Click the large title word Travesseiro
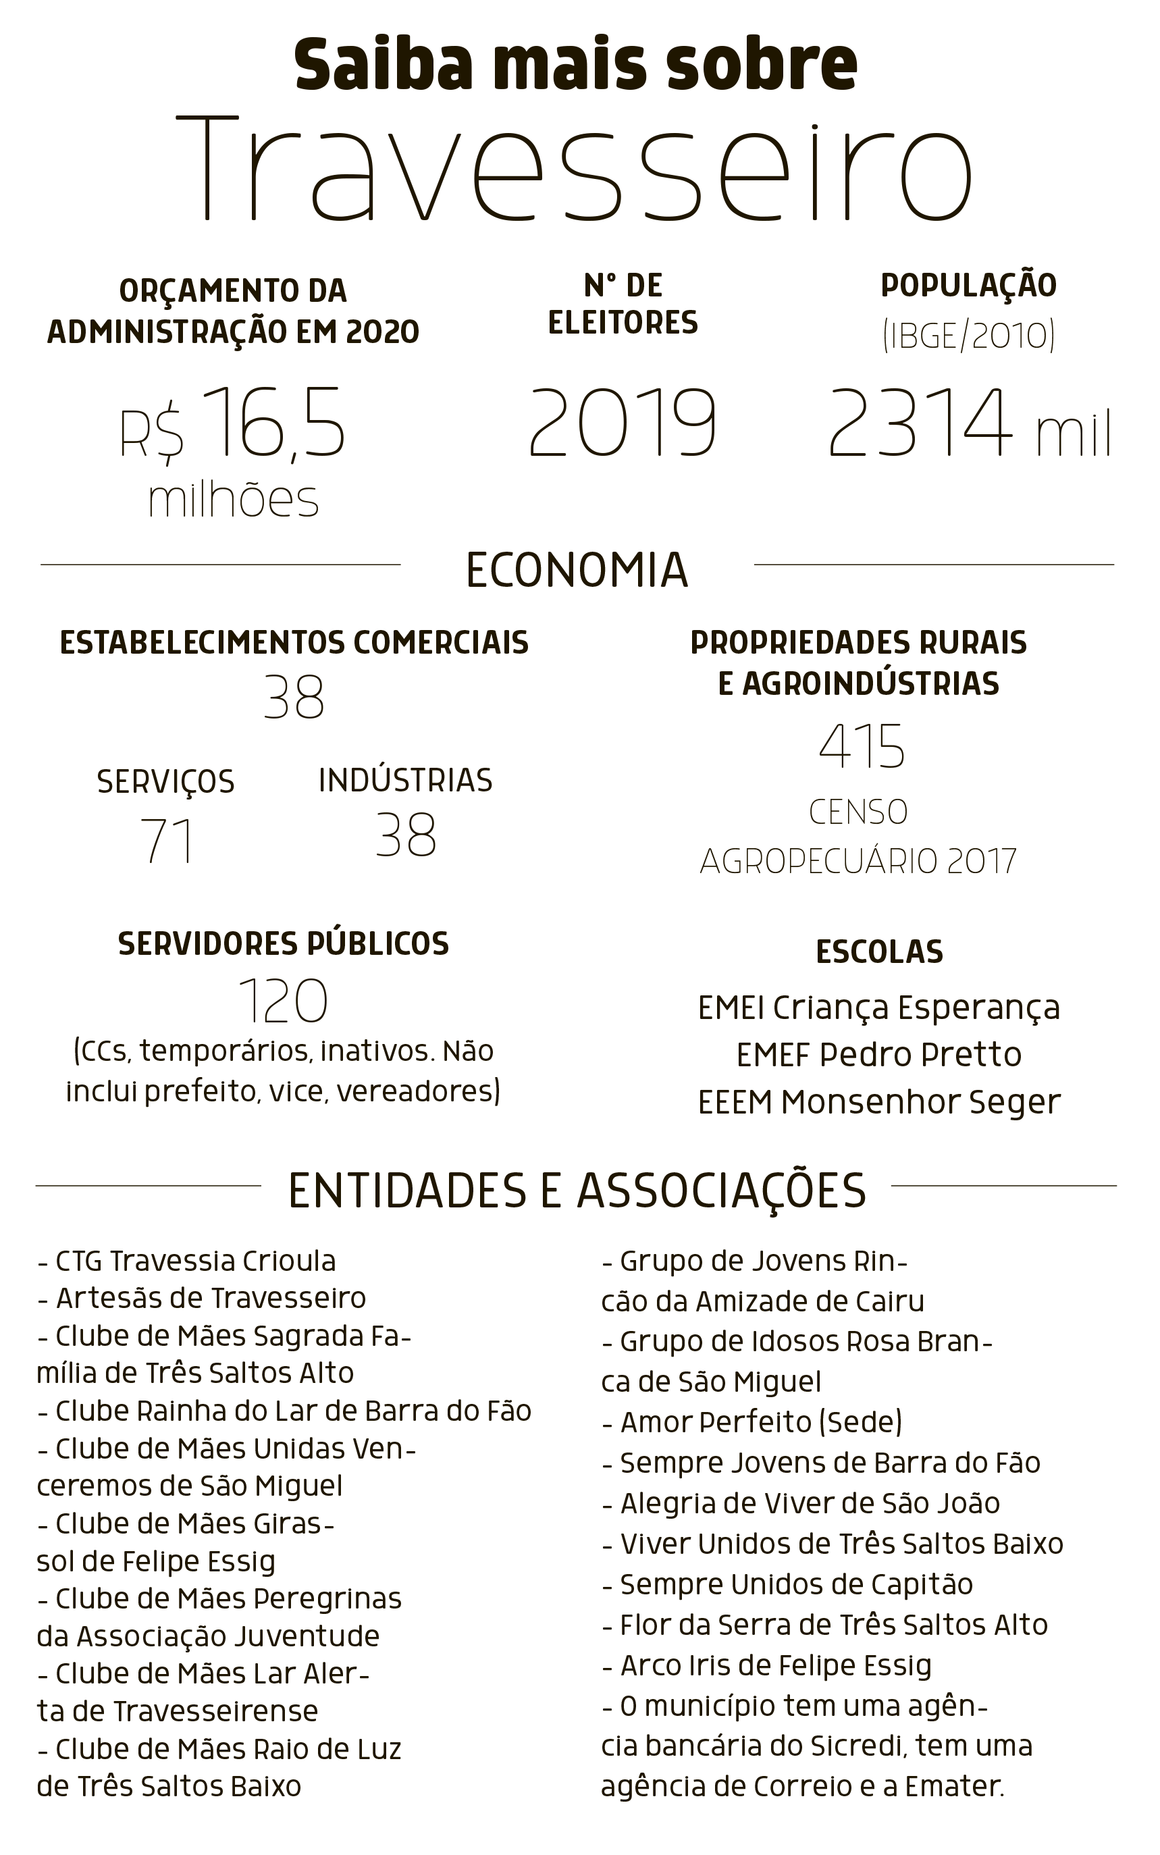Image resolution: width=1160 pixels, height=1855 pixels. click(x=574, y=169)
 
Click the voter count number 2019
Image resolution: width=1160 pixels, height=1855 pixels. click(x=622, y=423)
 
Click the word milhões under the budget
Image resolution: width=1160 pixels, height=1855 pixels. click(x=233, y=500)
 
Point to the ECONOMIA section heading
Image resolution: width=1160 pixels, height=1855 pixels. click(x=577, y=571)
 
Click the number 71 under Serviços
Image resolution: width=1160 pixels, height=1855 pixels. click(x=167, y=841)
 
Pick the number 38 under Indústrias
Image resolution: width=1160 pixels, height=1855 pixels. click(x=406, y=835)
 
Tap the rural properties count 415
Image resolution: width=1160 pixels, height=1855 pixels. click(x=862, y=746)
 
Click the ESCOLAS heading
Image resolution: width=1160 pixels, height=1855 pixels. click(x=879, y=952)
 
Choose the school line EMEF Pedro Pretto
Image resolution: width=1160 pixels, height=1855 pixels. click(x=879, y=1055)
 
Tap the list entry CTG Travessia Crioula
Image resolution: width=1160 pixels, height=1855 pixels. click(x=187, y=1261)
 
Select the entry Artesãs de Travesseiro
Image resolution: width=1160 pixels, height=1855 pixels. click(x=203, y=1298)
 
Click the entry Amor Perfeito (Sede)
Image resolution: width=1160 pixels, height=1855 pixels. click(x=753, y=1422)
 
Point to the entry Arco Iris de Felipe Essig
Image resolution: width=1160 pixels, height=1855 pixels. click(x=767, y=1665)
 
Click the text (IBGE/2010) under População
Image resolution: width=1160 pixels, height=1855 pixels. click(x=968, y=336)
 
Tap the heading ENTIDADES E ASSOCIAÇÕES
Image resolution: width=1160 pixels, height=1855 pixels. click(x=577, y=1191)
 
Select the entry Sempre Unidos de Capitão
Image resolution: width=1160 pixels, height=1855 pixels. click(x=788, y=1584)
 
